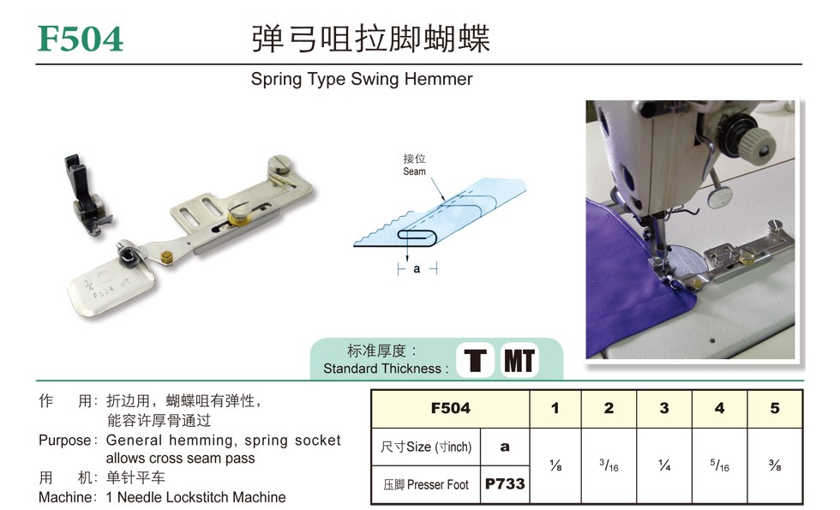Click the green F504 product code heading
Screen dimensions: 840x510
[81, 39]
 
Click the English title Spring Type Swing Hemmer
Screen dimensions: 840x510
[362, 79]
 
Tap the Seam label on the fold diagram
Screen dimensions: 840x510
[414, 171]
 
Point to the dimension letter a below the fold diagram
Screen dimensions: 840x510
[417, 269]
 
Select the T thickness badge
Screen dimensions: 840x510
[475, 361]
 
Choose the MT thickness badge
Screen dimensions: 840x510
[519, 361]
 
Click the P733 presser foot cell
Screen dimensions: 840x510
[505, 484]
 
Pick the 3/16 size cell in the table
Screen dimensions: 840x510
[609, 465]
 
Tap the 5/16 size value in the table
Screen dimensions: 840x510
[719, 465]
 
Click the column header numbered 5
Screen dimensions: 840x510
[775, 408]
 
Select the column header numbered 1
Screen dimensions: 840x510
[555, 408]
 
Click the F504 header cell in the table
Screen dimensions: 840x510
[451, 408]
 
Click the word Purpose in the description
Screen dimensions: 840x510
[65, 441]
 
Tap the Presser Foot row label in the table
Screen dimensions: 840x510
[426, 485]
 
